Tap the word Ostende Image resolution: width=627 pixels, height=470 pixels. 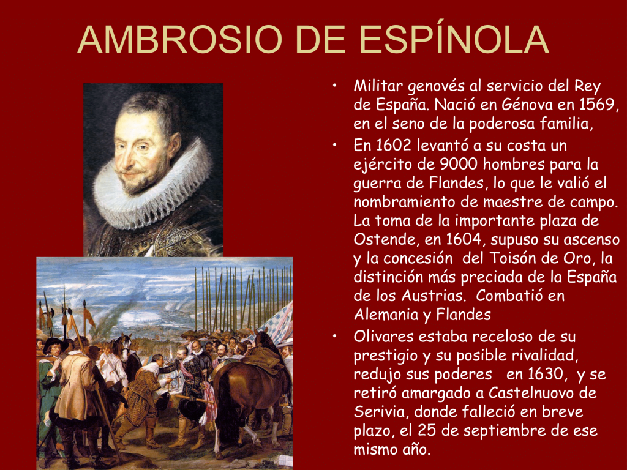385,239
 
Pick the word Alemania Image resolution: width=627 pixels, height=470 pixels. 386,315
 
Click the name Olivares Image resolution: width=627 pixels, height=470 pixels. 383,336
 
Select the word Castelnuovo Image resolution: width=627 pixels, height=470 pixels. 533,394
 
